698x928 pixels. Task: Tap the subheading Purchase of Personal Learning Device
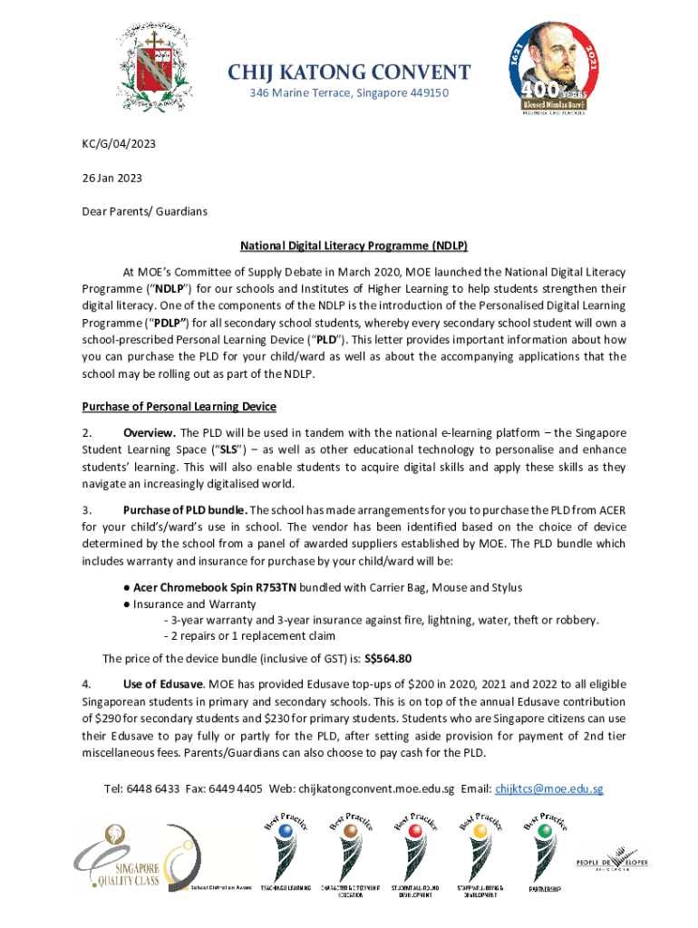[x=179, y=406]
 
